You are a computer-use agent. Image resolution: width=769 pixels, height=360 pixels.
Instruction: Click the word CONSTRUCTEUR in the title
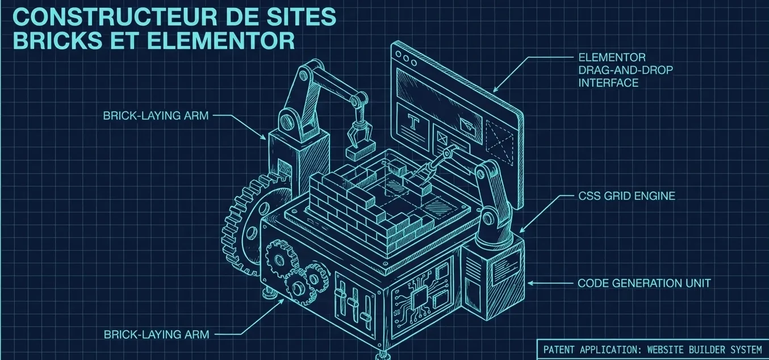[115, 17]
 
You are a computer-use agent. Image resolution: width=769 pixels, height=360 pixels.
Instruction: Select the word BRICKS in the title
[57, 41]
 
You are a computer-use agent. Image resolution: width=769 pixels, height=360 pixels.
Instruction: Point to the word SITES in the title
[298, 17]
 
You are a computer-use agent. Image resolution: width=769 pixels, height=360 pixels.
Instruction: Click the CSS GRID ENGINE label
[626, 196]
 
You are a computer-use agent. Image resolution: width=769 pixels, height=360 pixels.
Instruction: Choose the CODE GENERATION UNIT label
[644, 283]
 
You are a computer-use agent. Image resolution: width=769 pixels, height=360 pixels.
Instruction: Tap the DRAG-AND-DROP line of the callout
[625, 70]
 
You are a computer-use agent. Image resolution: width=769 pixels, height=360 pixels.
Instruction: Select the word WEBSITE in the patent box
[665, 350]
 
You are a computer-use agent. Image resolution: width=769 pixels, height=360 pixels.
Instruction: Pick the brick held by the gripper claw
[360, 152]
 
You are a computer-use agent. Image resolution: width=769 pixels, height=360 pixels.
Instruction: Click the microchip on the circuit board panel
[419, 298]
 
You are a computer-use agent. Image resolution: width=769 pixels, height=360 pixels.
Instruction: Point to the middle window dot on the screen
[406, 58]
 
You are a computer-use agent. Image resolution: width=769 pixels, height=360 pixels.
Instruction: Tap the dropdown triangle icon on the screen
[466, 124]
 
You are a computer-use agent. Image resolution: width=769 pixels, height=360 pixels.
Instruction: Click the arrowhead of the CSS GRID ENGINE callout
[522, 231]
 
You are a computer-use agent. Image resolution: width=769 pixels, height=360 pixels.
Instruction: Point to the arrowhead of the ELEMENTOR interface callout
[496, 90]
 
